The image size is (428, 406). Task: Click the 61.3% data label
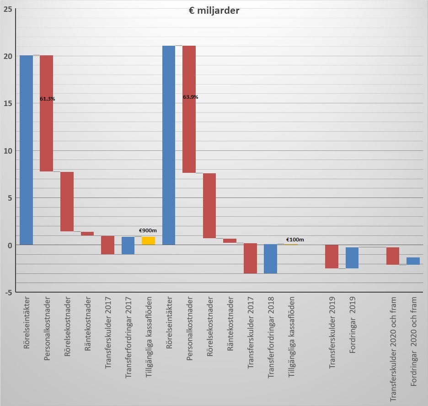48,99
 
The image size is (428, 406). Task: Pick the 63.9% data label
190,97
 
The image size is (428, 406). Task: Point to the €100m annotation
295,240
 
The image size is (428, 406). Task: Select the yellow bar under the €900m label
148,240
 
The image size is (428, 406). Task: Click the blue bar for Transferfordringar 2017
128,246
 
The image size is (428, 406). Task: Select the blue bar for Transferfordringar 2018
270,259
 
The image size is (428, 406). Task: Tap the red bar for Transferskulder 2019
332,256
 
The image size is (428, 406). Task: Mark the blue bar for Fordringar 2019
352,258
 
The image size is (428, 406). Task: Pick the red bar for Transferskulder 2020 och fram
393,256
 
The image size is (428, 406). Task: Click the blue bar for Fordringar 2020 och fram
413,261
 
